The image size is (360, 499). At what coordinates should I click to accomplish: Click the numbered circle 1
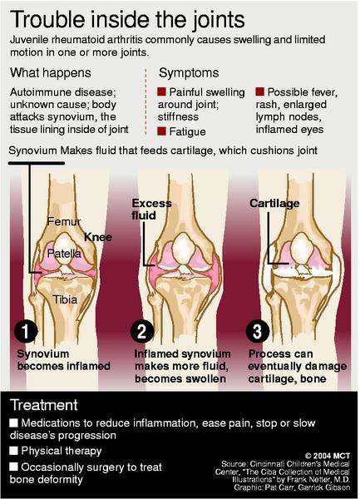point(26,331)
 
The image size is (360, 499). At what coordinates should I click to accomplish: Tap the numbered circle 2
point(142,331)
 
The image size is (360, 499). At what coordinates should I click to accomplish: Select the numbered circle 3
point(258,331)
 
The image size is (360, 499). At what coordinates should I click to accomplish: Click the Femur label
point(64,221)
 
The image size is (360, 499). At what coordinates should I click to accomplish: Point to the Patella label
point(64,254)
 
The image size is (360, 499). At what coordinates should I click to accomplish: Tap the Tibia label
point(65,299)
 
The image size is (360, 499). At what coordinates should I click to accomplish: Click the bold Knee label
point(98,237)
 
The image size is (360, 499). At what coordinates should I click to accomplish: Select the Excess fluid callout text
point(151,209)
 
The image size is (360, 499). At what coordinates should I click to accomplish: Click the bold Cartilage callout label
point(274,203)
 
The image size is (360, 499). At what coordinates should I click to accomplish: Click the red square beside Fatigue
point(161,131)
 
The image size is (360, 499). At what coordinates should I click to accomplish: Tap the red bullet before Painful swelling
point(161,91)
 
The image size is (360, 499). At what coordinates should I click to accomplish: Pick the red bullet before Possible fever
point(260,91)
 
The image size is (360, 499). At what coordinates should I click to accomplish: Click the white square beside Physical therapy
point(13,450)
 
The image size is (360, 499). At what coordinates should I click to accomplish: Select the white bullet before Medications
point(13,422)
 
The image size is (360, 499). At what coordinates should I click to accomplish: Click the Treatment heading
point(44,405)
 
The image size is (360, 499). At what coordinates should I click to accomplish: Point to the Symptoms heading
point(189,73)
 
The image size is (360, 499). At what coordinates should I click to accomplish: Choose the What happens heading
point(50,72)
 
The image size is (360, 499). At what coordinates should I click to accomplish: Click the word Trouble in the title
point(47,19)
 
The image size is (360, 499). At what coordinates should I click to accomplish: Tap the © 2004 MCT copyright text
point(328,456)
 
